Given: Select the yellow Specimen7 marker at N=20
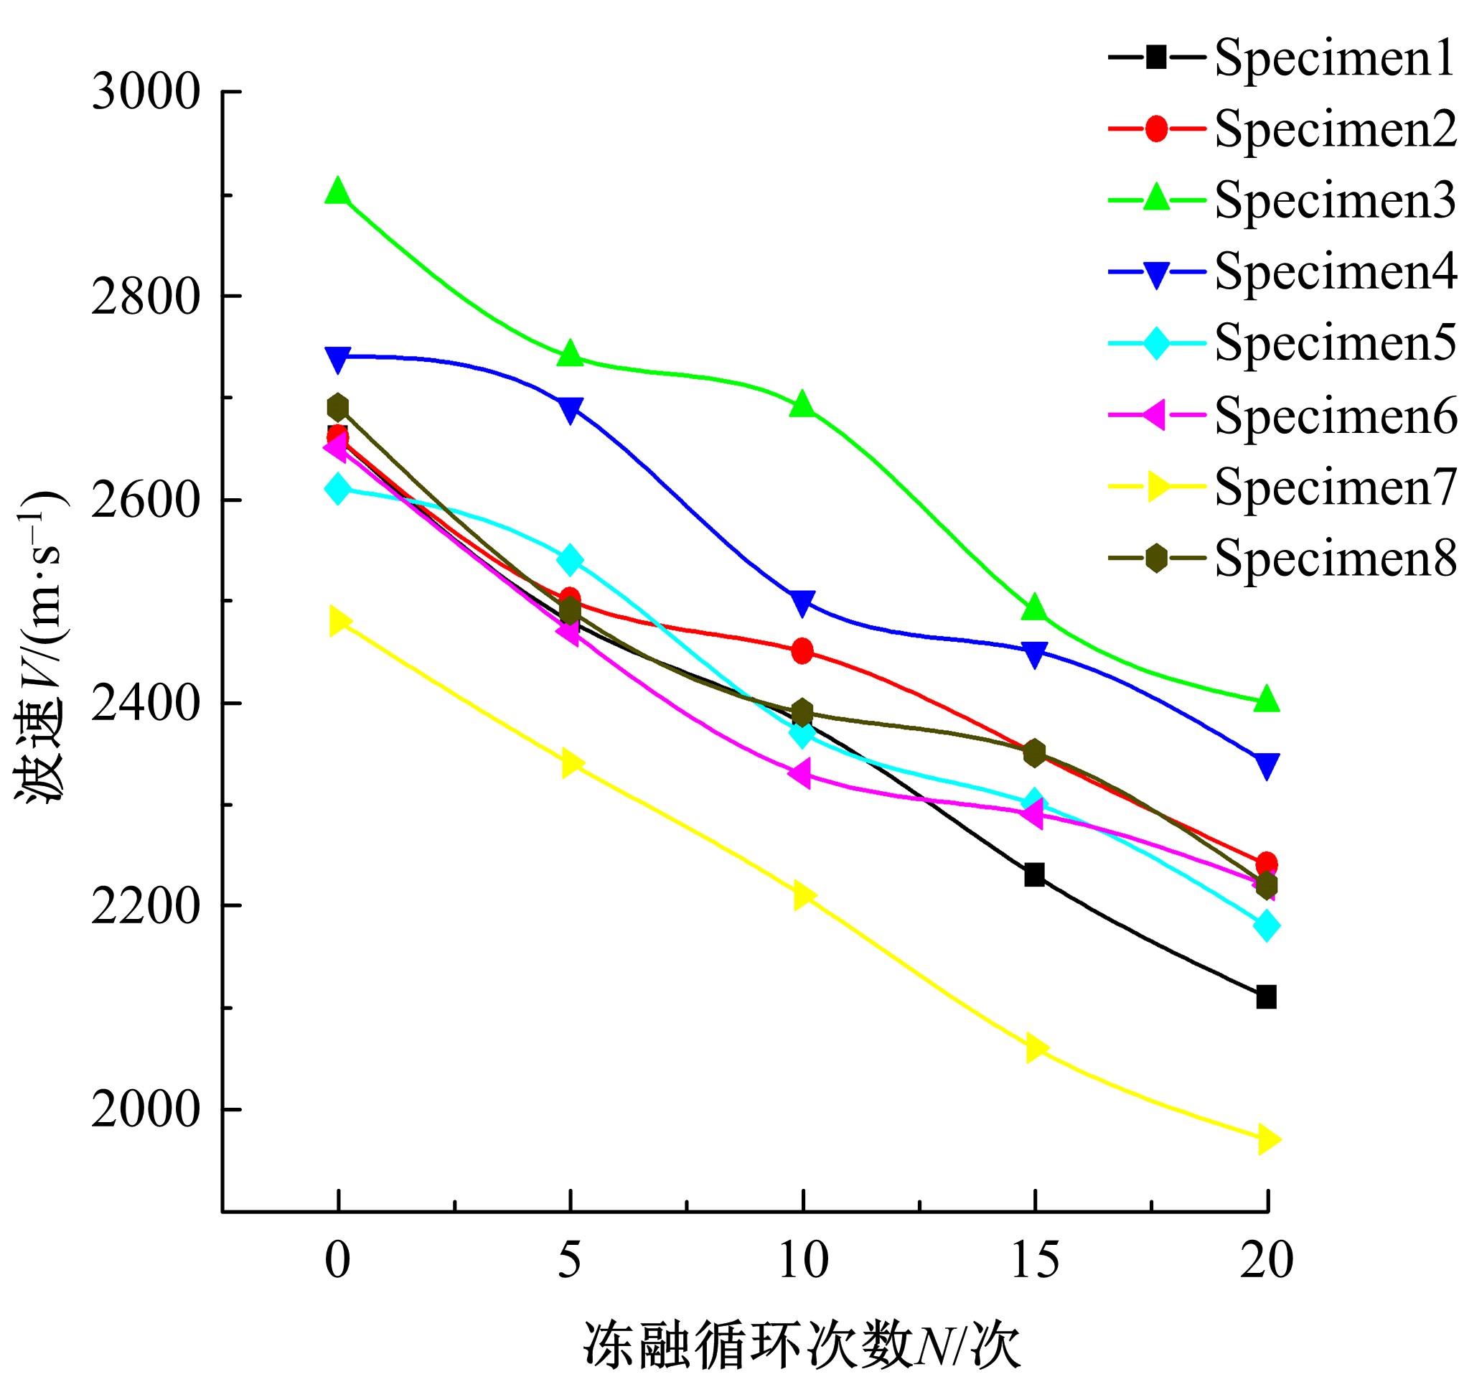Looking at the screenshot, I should [1266, 1139].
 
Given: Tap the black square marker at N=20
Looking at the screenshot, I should [1266, 997].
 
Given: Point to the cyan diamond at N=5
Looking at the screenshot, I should [569, 560].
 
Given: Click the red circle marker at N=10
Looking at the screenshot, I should [803, 650].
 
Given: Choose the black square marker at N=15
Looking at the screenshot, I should [1034, 875].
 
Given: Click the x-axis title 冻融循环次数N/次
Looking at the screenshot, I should [803, 1345].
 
